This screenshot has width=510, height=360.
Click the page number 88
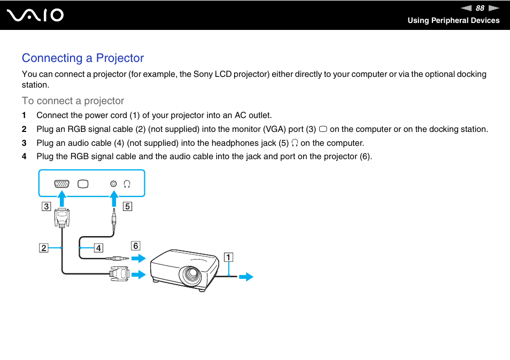click(x=480, y=8)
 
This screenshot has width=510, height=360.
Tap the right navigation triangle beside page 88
click(x=493, y=8)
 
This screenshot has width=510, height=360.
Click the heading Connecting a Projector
click(x=83, y=58)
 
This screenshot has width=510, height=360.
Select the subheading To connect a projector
click(x=73, y=101)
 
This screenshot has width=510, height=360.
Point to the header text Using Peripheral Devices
click(x=453, y=20)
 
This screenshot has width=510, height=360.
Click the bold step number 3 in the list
click(x=24, y=143)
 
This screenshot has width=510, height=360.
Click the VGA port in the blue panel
click(x=61, y=184)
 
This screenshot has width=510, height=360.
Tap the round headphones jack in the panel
click(x=113, y=184)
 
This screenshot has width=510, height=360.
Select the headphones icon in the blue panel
click(x=127, y=184)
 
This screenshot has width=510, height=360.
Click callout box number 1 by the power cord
click(x=228, y=257)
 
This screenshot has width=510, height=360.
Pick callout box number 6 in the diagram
click(x=136, y=246)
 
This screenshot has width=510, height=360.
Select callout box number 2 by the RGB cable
click(x=43, y=248)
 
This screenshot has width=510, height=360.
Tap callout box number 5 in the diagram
click(x=127, y=206)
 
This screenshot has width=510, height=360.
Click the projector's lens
click(x=190, y=275)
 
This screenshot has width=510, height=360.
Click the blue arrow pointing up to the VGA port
click(x=62, y=200)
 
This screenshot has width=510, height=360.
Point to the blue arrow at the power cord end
click(x=246, y=277)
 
